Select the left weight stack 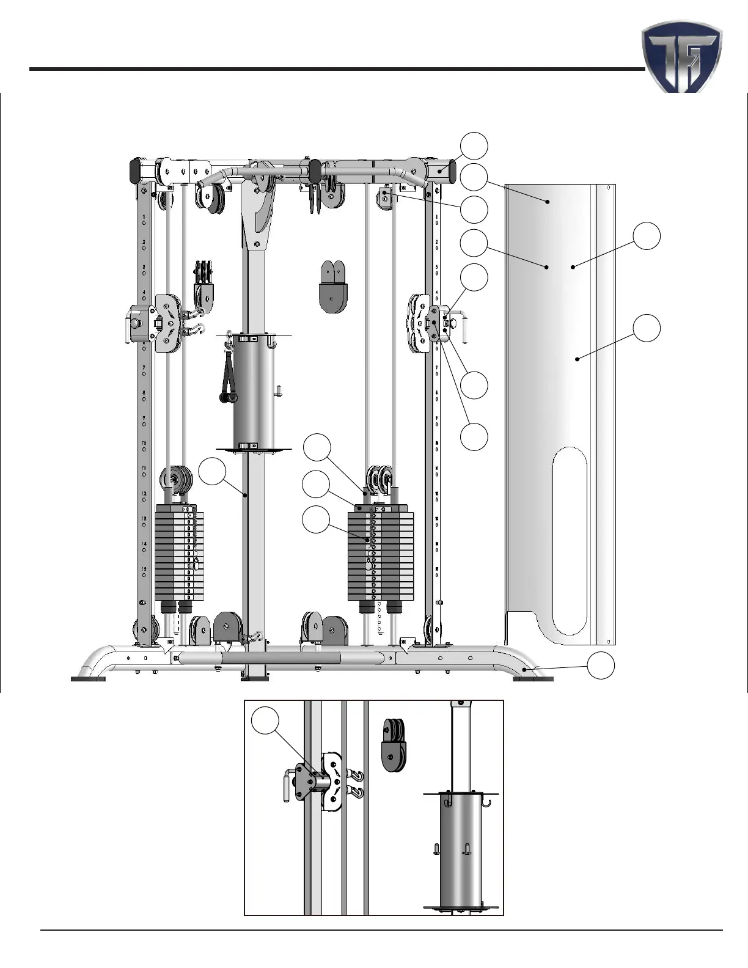pyautogui.click(x=178, y=552)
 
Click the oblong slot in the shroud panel pyautogui.click(x=570, y=541)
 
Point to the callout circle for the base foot pyautogui.click(x=601, y=665)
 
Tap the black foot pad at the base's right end pyautogui.click(x=533, y=678)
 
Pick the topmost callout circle pyautogui.click(x=474, y=145)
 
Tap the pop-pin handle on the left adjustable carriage pyautogui.click(x=131, y=323)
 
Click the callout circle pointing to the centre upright pyautogui.click(x=213, y=472)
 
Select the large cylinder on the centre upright pyautogui.click(x=255, y=392)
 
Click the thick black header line pyautogui.click(x=336, y=69)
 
